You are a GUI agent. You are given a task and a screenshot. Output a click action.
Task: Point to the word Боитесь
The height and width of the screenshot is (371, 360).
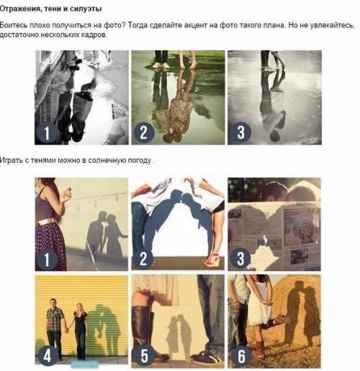coord(13,24)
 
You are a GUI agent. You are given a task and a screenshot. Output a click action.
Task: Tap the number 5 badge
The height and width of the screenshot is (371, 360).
coord(144,354)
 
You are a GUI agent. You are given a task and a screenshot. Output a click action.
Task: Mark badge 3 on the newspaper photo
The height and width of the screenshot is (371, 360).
coord(239,258)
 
